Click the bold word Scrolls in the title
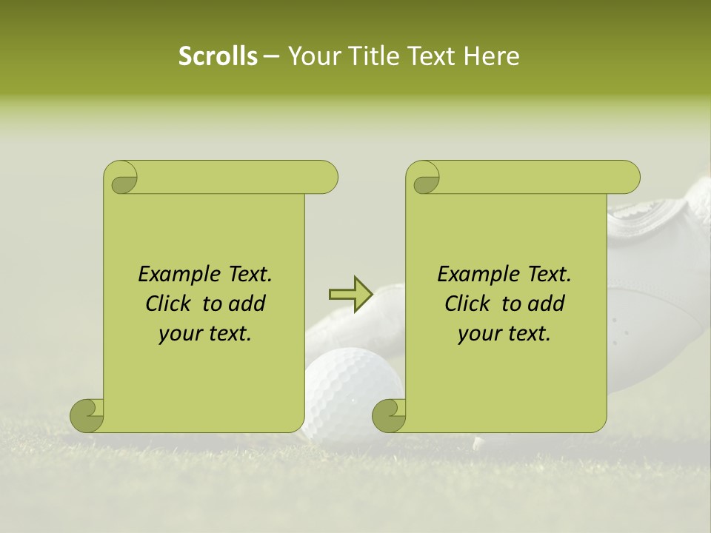point(218,56)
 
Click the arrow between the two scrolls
point(350,294)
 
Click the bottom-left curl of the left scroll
point(87,415)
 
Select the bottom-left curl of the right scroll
point(389,415)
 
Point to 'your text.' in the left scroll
point(205,334)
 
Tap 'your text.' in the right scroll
point(504,334)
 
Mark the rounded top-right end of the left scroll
point(326,178)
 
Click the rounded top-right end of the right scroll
point(628,178)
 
